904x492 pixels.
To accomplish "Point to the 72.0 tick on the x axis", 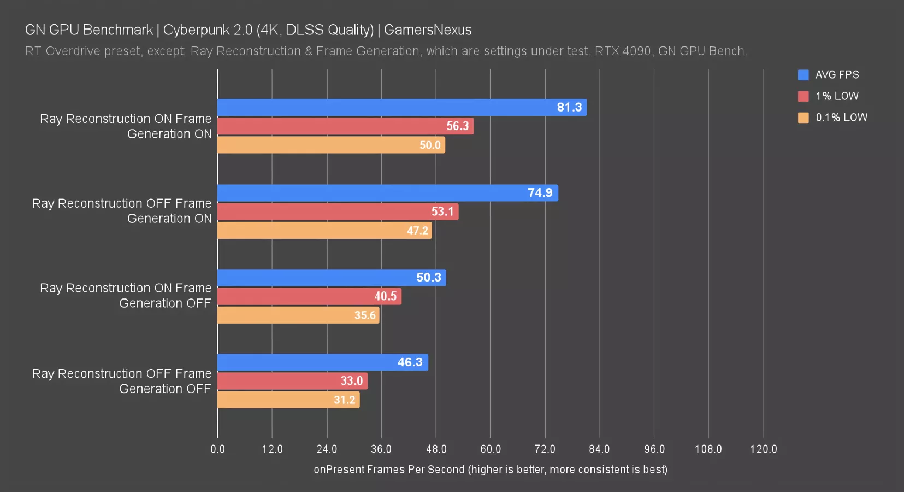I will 545,449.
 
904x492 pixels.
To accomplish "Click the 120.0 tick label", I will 763,449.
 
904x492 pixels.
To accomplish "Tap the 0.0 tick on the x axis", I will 217,449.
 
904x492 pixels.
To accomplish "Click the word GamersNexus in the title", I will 428,30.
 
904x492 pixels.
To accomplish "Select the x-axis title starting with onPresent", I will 491,470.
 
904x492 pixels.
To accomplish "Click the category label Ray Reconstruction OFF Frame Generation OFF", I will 122,381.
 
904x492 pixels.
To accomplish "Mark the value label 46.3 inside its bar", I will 410,362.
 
